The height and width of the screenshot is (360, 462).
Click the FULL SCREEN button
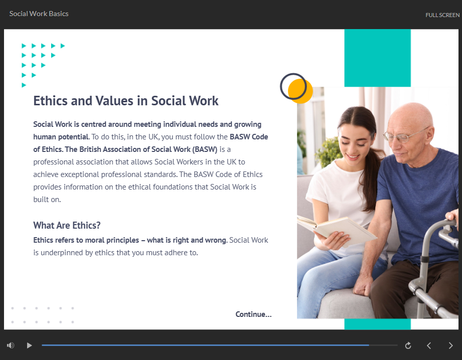click(x=442, y=15)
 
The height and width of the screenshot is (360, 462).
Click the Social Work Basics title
click(x=39, y=14)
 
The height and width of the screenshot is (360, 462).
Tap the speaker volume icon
click(x=11, y=345)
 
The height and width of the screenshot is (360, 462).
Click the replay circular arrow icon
click(x=408, y=345)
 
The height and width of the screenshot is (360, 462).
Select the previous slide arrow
click(x=429, y=345)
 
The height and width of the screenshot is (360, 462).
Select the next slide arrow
click(x=450, y=345)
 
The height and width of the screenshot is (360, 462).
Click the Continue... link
click(x=253, y=314)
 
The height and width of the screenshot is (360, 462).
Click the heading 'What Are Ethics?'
click(x=67, y=225)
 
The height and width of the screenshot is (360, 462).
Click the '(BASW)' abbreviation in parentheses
click(x=205, y=149)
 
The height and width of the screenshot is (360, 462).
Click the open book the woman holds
click(x=336, y=230)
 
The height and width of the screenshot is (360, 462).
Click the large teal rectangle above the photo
click(x=377, y=58)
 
